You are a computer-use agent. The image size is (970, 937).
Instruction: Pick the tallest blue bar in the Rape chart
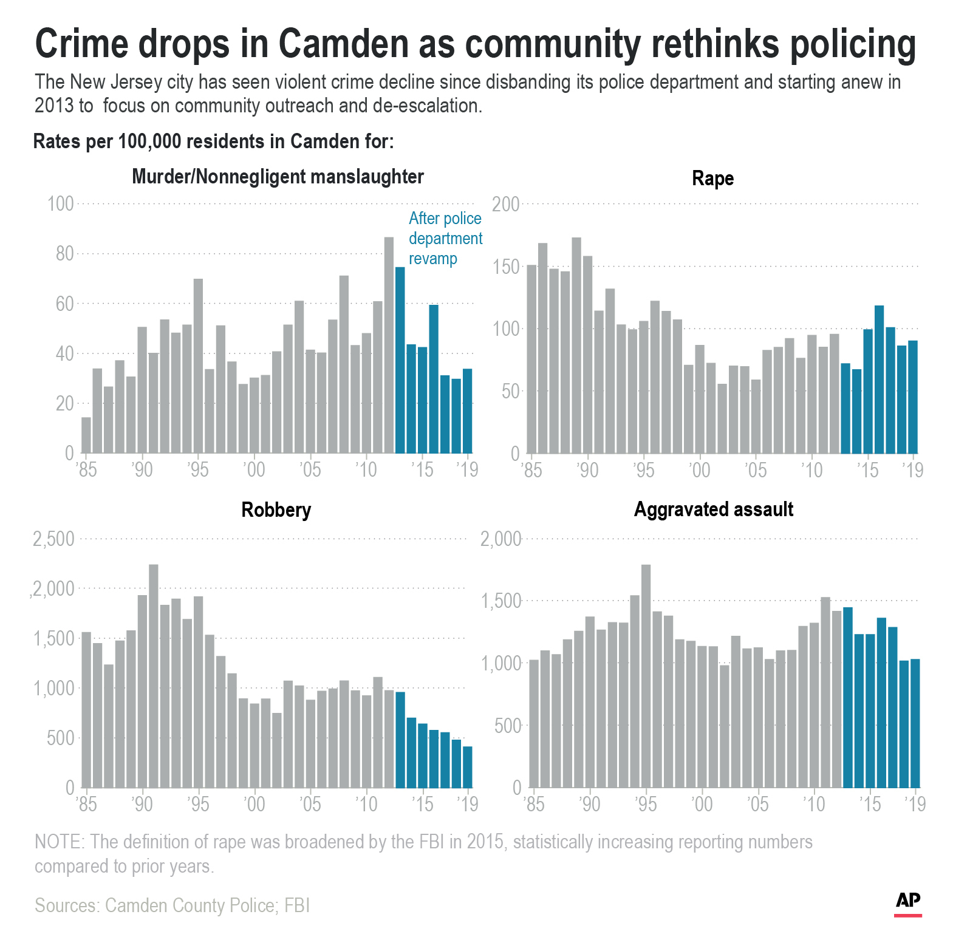tap(879, 380)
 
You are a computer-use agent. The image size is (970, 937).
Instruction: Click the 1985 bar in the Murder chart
tap(86, 435)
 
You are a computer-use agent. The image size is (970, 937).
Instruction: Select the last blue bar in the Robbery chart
tap(468, 767)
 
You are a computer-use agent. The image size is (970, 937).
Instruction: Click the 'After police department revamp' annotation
tap(445, 238)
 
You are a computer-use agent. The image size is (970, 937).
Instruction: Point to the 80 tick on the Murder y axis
tap(64, 254)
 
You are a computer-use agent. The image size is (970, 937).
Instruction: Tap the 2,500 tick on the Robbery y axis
tap(53, 539)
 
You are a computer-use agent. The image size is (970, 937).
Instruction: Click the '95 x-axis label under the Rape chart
tap(644, 470)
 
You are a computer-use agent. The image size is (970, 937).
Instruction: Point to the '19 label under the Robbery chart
tap(467, 805)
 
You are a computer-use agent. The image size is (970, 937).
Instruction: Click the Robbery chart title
tap(276, 509)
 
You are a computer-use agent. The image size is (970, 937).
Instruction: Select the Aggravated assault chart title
tap(713, 509)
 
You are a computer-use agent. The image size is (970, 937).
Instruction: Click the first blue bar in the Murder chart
tap(400, 360)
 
